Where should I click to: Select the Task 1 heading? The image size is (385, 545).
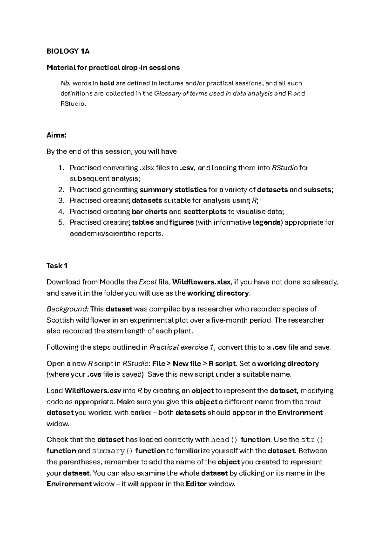57,266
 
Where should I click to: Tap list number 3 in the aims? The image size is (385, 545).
61,201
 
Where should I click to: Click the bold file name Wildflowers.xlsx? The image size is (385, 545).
201,282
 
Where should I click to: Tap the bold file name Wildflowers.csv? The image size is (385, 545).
93,391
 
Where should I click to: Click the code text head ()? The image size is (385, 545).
225,440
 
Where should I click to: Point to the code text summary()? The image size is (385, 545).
112,451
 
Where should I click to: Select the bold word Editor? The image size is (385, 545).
196,484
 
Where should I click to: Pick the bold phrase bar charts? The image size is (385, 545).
150,212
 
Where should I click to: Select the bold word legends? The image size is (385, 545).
268,223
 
